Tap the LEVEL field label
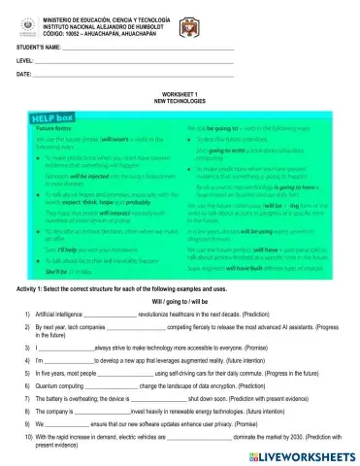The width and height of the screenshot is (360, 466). click(25, 60)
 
